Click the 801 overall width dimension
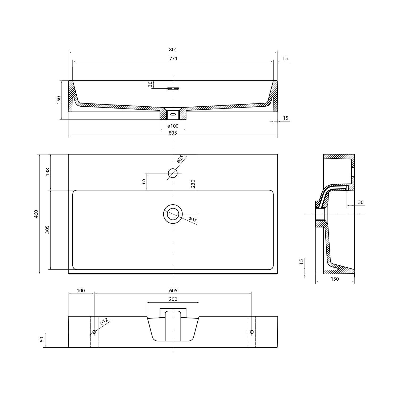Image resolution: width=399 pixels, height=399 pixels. [173, 50]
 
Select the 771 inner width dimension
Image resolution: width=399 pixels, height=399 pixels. [173, 59]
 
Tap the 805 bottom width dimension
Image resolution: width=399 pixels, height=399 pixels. [173, 133]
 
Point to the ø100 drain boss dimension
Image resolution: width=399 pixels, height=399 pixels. [173, 126]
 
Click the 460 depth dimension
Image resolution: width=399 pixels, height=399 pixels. [36, 214]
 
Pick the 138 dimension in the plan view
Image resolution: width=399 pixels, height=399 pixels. [48, 172]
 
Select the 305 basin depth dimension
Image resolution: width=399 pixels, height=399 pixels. [48, 230]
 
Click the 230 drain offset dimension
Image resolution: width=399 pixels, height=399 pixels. [193, 184]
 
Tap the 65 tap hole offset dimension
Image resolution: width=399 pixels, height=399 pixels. [144, 181]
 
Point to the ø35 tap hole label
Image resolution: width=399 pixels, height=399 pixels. [180, 159]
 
